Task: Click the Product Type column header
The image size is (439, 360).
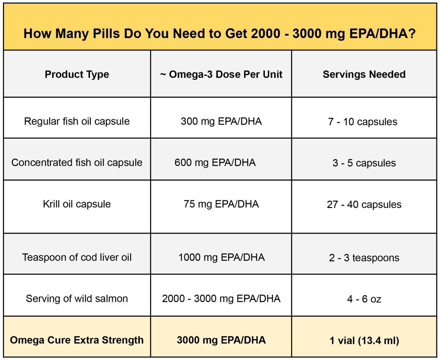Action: (x=77, y=74)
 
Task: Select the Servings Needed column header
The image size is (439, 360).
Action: (x=364, y=74)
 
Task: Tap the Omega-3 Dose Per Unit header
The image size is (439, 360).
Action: (x=221, y=74)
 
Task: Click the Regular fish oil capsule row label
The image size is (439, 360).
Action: (x=77, y=121)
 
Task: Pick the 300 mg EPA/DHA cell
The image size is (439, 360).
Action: (x=221, y=121)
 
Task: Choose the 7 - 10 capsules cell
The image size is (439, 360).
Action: (x=363, y=122)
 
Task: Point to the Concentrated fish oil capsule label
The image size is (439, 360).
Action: (x=77, y=163)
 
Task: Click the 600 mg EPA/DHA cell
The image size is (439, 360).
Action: (x=215, y=163)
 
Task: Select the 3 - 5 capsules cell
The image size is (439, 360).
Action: (x=364, y=163)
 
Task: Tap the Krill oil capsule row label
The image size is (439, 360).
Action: (x=77, y=204)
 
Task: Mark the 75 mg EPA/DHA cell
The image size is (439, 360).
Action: (x=221, y=204)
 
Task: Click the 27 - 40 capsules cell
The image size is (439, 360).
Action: (x=364, y=204)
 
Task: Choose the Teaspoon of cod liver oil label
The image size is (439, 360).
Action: (x=77, y=257)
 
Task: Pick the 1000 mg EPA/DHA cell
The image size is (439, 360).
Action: (x=221, y=257)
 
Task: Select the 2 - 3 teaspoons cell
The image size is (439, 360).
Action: (x=364, y=257)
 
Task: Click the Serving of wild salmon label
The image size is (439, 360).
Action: (x=77, y=298)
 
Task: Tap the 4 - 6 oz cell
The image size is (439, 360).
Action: (x=364, y=299)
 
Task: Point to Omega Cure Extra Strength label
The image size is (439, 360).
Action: (x=77, y=340)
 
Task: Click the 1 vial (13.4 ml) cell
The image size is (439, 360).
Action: (x=364, y=341)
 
